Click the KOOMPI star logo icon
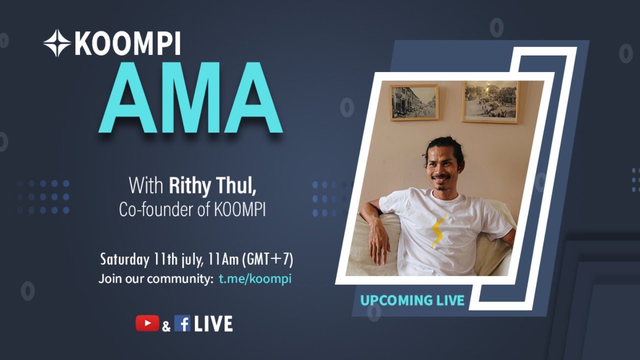56,43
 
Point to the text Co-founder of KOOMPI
192,209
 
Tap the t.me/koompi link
255,278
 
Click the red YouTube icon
147,323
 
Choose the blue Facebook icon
182,324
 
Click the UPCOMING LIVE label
412,300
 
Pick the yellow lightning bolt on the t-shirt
438,230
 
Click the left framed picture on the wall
414,102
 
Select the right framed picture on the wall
490,101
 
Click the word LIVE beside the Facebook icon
213,324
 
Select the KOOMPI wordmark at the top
127,43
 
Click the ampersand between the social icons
166,326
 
